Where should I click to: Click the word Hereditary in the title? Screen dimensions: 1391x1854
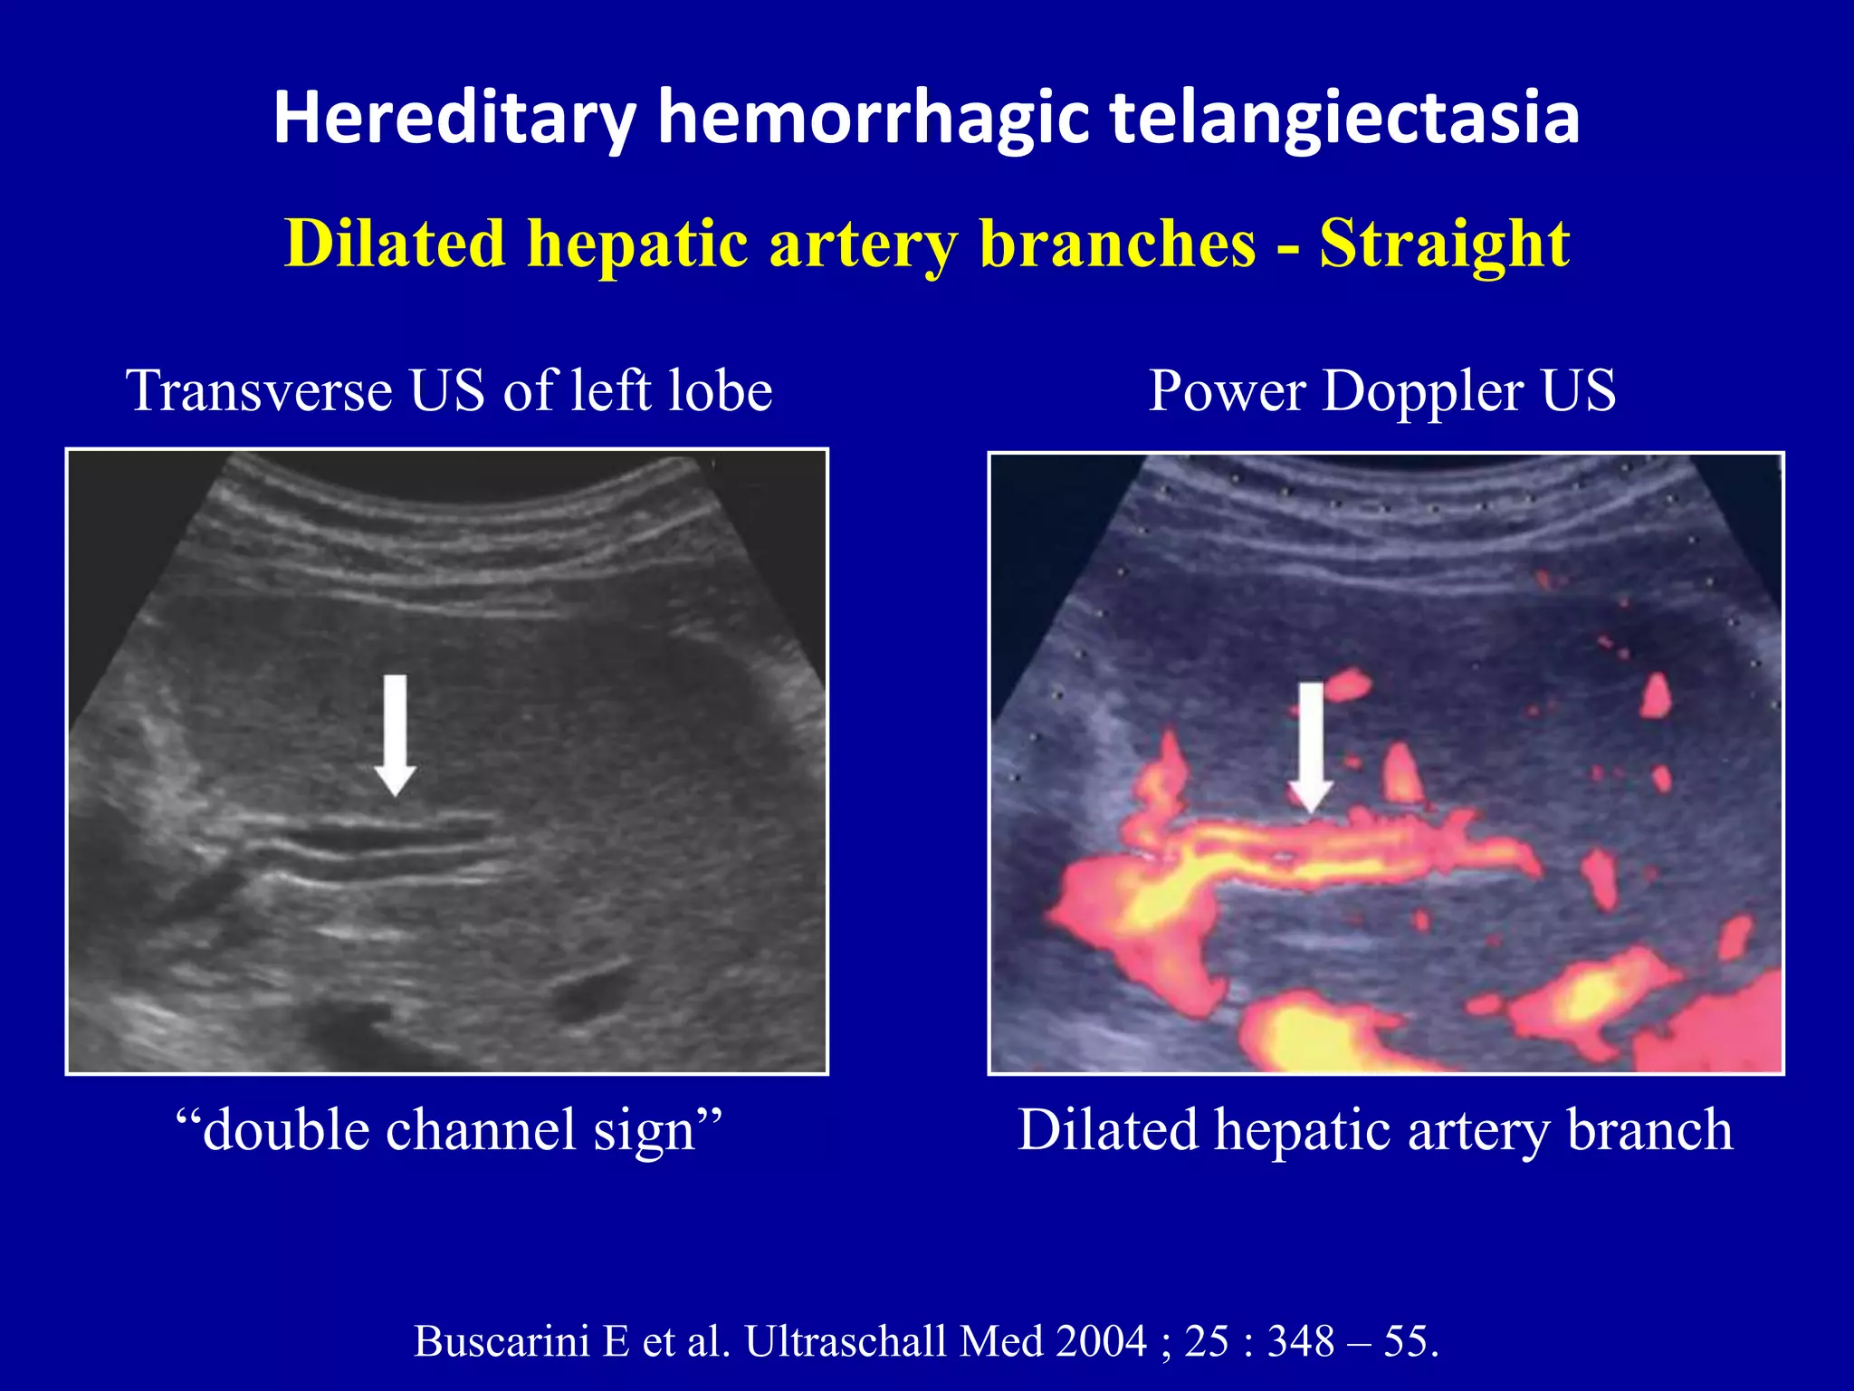pos(454,119)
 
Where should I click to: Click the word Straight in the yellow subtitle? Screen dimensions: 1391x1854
pos(1444,245)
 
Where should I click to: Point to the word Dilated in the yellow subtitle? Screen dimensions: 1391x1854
pos(395,245)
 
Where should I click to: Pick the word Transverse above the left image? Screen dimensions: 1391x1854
pos(259,391)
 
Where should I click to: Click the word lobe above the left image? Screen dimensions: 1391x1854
pos(720,391)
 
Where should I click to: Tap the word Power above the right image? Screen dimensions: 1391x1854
pos(1228,391)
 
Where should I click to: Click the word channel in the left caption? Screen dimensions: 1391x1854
pos(482,1131)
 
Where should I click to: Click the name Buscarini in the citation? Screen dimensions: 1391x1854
pos(502,1341)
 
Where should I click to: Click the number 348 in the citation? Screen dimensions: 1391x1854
pos(1300,1341)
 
